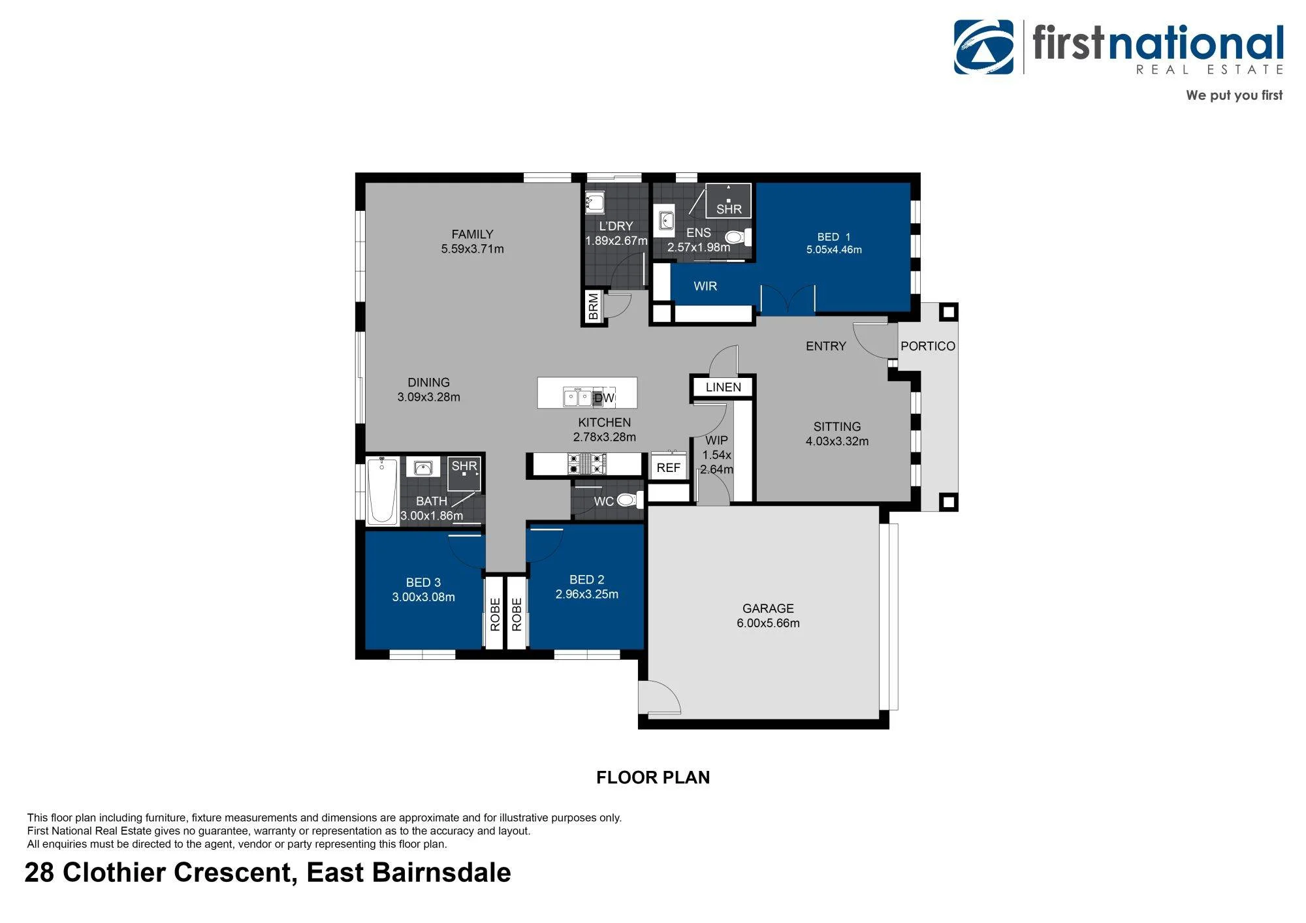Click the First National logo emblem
pos(983,47)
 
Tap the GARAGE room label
pos(768,608)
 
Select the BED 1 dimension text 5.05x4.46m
pos(834,250)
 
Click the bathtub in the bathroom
pos(383,490)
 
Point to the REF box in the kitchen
pos(668,467)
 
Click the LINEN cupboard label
pos(724,387)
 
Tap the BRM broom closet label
pos(593,306)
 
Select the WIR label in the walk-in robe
pos(705,286)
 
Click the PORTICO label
pos(928,346)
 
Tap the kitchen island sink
pos(577,397)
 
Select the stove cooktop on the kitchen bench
pos(587,463)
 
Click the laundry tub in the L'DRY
pos(594,202)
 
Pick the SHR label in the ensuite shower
pos(729,210)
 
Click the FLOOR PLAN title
pos(653,777)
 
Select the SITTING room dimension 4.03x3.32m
pos(837,441)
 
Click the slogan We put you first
pos(1234,95)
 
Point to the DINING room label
pos(428,383)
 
